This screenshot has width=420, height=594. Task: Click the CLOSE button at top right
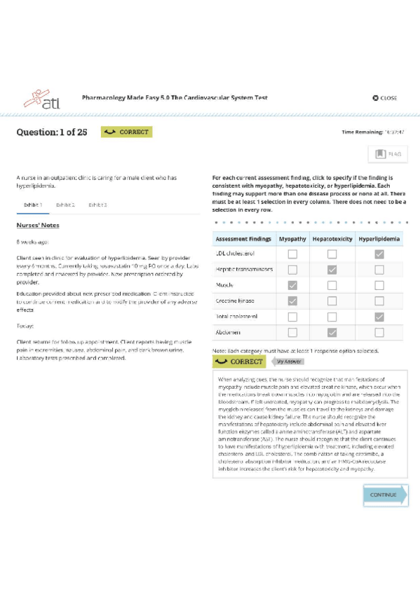pos(385,98)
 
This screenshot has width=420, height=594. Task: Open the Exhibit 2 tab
pos(65,205)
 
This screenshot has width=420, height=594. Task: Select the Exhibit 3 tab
pos(97,205)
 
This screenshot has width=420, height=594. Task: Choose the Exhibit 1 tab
pos(33,205)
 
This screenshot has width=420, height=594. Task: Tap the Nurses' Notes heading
pos(38,226)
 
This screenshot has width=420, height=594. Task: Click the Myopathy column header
pos(292,239)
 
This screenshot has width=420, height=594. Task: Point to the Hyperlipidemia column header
pos(379,239)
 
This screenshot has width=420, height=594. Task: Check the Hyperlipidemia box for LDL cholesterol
pos(379,254)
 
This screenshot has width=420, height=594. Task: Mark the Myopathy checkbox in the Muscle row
pos(292,285)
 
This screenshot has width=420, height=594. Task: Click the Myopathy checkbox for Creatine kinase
pos(292,301)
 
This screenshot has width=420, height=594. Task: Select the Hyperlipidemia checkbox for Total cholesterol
pos(379,317)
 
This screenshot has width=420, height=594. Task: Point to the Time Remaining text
pos(372,132)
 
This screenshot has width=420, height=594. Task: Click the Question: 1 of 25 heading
pos(52,132)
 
